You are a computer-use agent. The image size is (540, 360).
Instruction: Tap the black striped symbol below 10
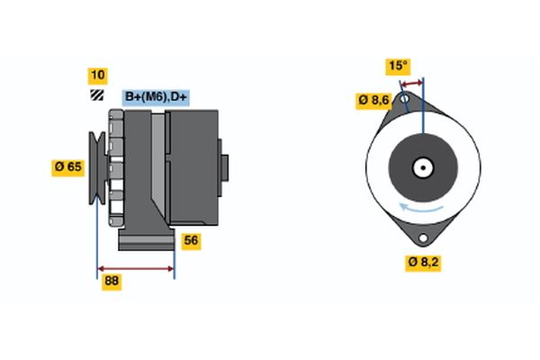coord(96,95)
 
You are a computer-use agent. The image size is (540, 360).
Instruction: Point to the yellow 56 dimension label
coord(191,240)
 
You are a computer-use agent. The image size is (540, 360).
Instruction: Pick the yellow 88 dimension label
coord(112,282)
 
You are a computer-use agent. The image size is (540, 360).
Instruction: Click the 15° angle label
coord(398,66)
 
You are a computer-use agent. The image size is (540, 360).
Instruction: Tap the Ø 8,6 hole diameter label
coord(373,100)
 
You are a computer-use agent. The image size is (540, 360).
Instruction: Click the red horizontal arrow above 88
coord(136,268)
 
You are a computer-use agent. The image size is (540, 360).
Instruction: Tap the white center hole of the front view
coord(423,167)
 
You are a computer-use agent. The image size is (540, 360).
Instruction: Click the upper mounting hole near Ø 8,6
coord(405,96)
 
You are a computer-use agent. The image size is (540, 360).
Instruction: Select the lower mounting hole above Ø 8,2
coord(422,237)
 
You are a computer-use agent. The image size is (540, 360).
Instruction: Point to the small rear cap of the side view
coord(224,166)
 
